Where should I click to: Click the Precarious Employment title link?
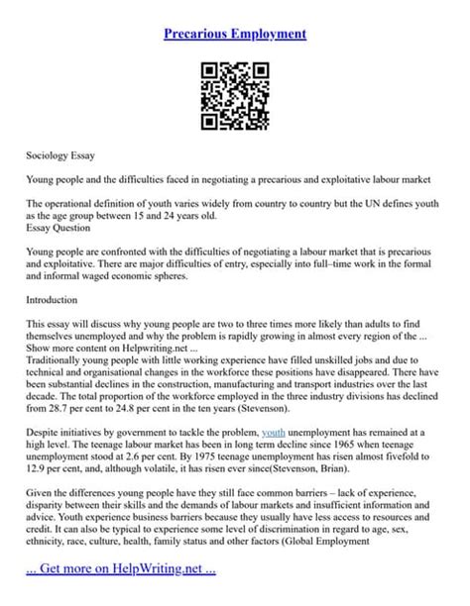234,34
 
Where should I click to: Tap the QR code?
235,96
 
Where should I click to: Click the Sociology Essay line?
60,156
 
